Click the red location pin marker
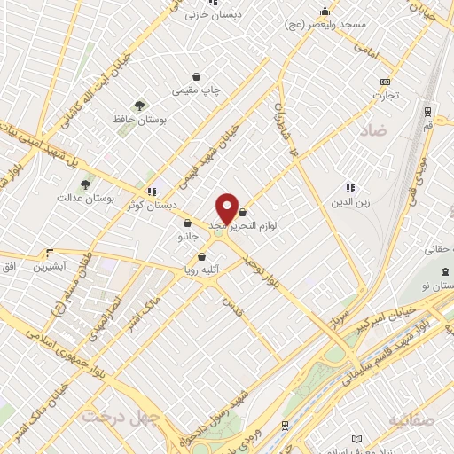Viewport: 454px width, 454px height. [227, 208]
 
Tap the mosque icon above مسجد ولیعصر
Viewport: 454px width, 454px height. [325, 12]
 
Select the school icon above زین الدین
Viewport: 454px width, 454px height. [350, 188]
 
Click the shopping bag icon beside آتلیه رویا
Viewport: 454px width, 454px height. [201, 257]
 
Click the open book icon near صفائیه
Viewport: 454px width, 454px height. [356, 440]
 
